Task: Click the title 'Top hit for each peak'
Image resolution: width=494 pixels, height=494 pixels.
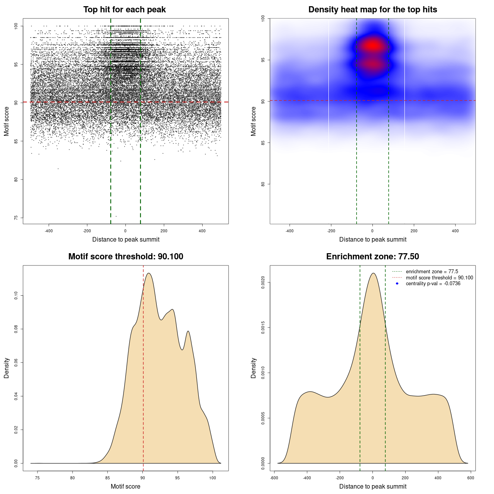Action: (124, 10)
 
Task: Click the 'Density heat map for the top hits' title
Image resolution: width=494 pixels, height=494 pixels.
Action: (372, 10)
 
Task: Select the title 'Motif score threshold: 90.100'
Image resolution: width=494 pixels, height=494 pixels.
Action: (125, 257)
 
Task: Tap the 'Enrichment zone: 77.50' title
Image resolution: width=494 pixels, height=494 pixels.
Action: (372, 257)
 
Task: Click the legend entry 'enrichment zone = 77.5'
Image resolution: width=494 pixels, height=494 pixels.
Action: (432, 272)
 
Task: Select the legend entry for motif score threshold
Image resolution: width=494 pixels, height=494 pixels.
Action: (439, 277)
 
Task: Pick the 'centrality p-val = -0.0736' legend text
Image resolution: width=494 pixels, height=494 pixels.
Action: (433, 284)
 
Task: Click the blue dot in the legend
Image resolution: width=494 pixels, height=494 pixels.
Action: (397, 284)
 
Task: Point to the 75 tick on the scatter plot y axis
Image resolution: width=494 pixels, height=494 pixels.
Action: (16, 218)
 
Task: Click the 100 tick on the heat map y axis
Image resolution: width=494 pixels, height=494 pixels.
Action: (263, 18)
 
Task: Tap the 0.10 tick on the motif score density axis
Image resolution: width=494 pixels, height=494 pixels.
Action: (16, 296)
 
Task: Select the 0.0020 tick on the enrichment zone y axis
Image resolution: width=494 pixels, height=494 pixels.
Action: (263, 283)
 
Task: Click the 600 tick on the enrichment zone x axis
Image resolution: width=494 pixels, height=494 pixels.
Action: (470, 478)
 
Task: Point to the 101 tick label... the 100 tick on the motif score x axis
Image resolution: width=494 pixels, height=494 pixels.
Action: (213, 478)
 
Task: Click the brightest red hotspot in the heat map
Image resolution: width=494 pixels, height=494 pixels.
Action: (373, 46)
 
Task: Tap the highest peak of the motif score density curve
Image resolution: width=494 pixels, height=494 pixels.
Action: (149, 273)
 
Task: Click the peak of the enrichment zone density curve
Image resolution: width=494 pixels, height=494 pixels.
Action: (373, 273)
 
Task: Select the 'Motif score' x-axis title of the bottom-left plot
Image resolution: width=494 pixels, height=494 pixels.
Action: (125, 486)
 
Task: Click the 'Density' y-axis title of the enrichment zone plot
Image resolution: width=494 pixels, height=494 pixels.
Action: (254, 368)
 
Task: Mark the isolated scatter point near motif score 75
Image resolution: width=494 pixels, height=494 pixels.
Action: (116, 216)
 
